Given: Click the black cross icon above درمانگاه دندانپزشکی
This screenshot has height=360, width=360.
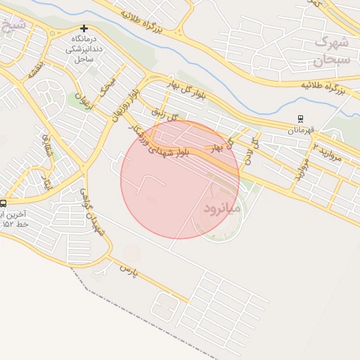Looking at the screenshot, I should pos(84,29).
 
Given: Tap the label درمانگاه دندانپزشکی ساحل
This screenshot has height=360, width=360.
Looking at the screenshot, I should pos(84,49).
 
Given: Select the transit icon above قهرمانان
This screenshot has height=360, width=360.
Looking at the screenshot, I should pos(301,120).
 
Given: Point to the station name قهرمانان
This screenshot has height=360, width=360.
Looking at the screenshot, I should pos(301,130).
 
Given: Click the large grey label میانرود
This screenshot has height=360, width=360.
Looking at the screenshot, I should pos(221,209).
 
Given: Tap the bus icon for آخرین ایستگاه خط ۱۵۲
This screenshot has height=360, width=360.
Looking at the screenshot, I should pos(4,204).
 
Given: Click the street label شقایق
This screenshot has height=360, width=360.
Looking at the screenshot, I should pos(46,143).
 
